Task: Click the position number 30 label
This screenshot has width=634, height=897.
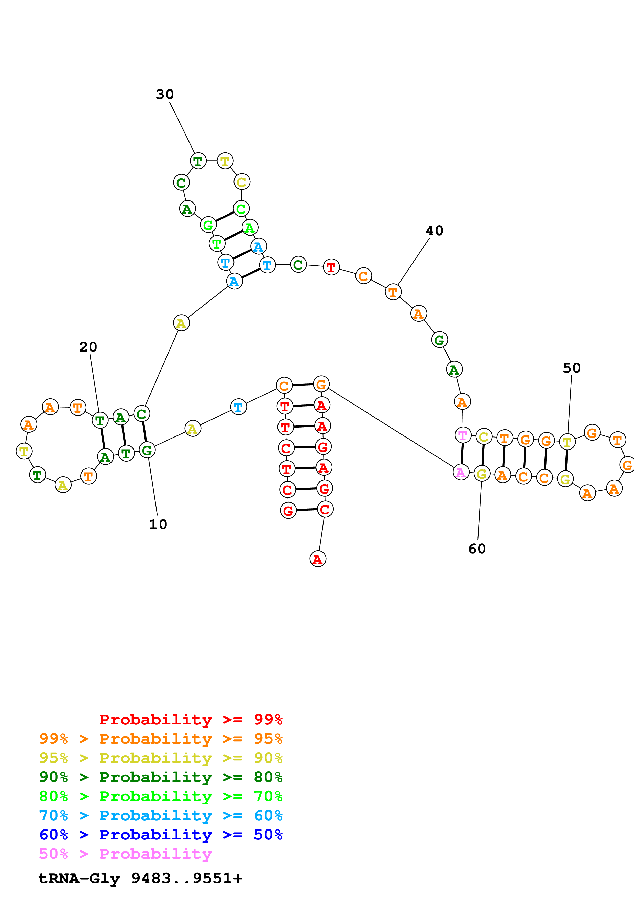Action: pyautogui.click(x=164, y=95)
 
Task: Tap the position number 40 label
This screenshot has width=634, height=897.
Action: pyautogui.click(x=434, y=231)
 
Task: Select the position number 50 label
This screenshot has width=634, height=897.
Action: pyautogui.click(x=572, y=368)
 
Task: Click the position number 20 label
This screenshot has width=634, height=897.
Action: pyautogui.click(x=88, y=347)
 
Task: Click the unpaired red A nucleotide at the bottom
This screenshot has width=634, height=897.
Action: pyautogui.click(x=318, y=559)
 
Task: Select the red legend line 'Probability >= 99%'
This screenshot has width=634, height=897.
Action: pyautogui.click(x=191, y=720)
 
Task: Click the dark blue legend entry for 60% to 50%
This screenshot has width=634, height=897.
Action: pyautogui.click(x=161, y=835)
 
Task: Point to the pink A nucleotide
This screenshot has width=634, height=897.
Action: pyautogui.click(x=461, y=472)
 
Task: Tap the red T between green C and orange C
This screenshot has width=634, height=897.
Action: pyautogui.click(x=331, y=267)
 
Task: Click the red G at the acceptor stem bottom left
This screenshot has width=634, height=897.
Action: pyautogui.click(x=288, y=510)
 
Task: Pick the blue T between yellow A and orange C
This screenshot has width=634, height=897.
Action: pyautogui.click(x=238, y=407)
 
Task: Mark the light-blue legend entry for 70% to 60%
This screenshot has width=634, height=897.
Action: pyautogui.click(x=161, y=816)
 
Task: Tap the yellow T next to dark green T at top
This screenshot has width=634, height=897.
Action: pyautogui.click(x=225, y=161)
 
